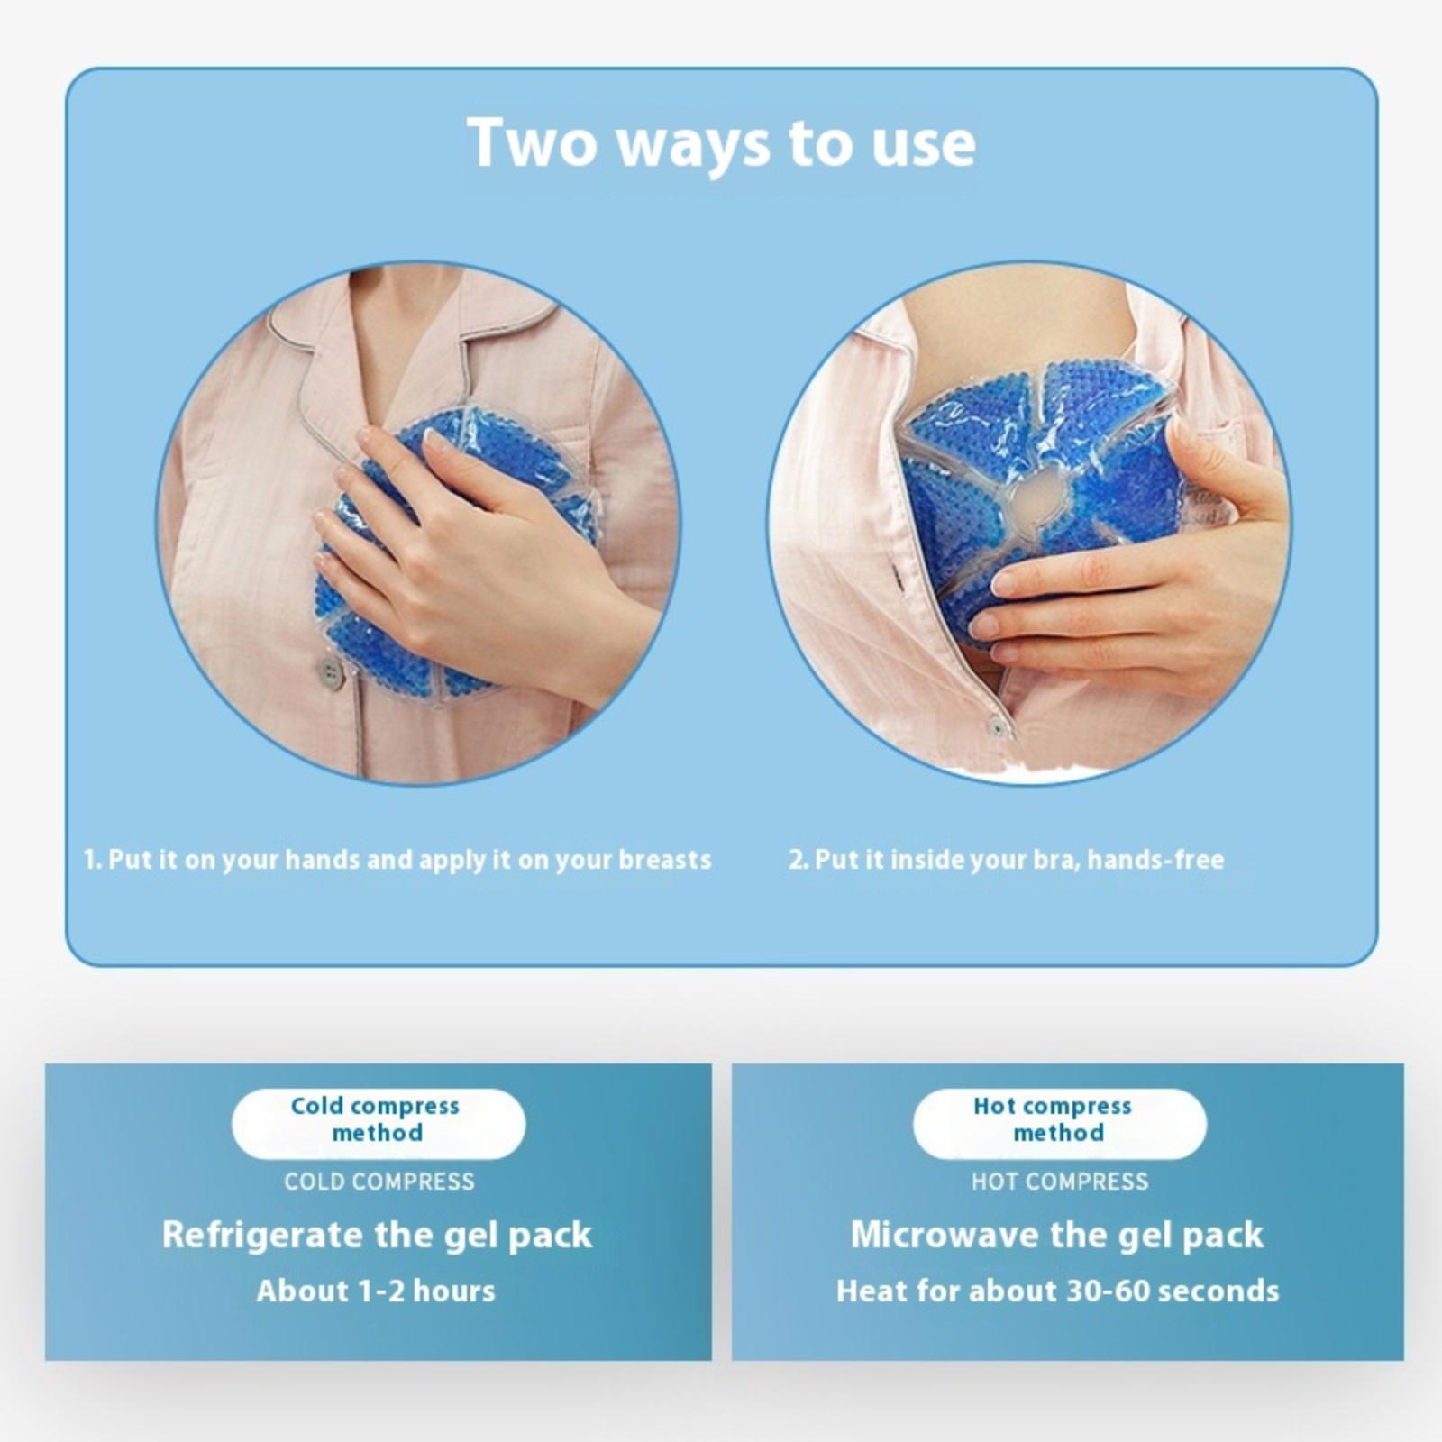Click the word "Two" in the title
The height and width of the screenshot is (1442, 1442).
pos(532,142)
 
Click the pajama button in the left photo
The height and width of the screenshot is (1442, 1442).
pos(332,671)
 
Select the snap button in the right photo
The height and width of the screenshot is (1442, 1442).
pos(997,725)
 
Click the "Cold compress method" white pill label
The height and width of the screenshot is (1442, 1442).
pos(379,1123)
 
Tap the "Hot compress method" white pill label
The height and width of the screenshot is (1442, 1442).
pos(1060,1123)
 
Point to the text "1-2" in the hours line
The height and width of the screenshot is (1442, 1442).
pos(381,1291)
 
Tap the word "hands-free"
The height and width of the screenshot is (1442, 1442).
pos(1155,860)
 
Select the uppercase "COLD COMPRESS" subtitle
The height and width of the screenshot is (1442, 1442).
pos(379,1182)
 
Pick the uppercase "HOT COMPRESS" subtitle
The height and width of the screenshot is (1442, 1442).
pos(1060,1182)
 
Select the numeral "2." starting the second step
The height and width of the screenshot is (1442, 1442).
pos(799,860)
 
